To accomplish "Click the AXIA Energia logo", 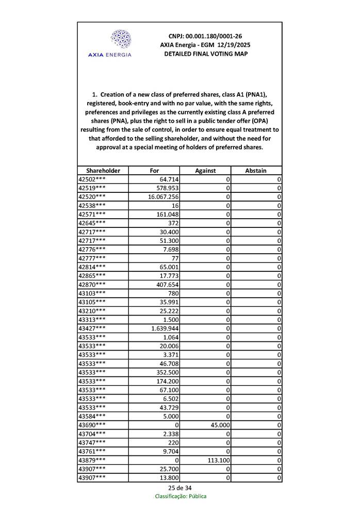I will pyautogui.click(x=110, y=43).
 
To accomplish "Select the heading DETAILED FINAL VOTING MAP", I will pyautogui.click(x=205, y=54).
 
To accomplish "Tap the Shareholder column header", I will pyautogui.click(x=103, y=171).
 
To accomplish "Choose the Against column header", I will pyautogui.click(x=205, y=171).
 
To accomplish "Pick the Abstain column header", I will pyautogui.click(x=256, y=171).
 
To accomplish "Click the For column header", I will pyautogui.click(x=154, y=171).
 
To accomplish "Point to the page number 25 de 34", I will pyautogui.click(x=179, y=487).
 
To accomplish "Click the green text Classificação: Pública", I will pyautogui.click(x=181, y=496).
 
